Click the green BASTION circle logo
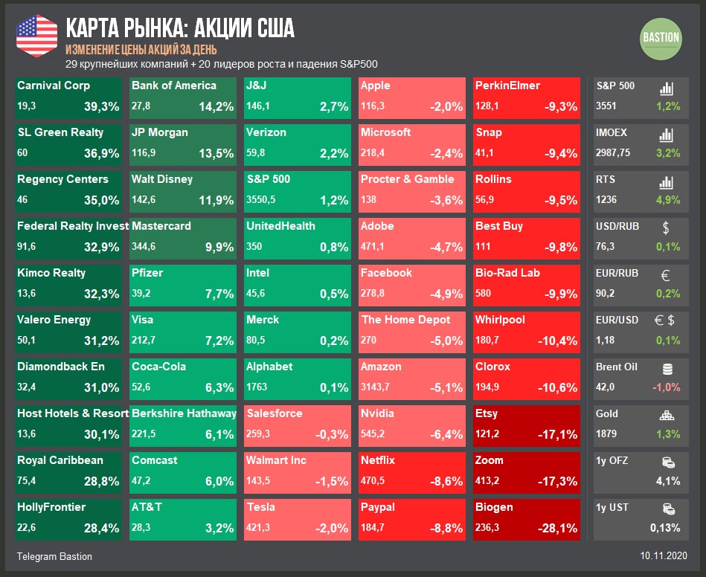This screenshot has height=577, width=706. [661, 38]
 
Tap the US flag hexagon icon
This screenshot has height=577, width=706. [36, 35]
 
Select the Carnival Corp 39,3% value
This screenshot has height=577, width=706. [102, 106]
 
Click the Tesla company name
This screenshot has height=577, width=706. [260, 507]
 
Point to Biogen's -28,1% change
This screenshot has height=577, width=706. [557, 528]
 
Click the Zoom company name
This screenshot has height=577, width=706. [489, 460]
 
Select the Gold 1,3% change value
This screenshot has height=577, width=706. [668, 434]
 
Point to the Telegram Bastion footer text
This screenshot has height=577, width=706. [54, 556]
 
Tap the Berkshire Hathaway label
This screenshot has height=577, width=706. [184, 413]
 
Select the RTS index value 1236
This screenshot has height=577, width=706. [606, 200]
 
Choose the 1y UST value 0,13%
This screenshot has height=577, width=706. [664, 528]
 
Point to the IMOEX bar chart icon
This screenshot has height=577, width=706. [667, 135]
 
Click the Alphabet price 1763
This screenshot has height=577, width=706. [258, 387]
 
